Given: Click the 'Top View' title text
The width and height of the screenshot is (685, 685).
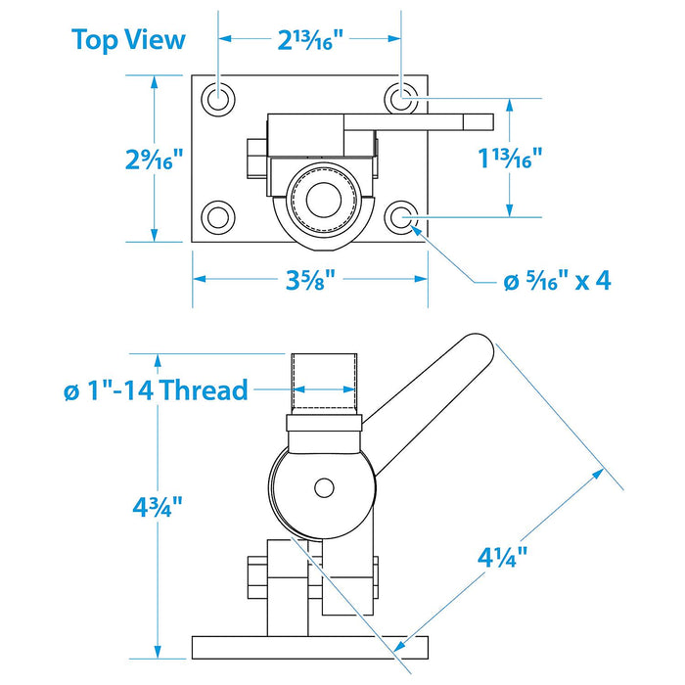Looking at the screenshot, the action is pyautogui.click(x=128, y=40).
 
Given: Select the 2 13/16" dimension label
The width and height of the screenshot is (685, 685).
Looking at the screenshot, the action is pyautogui.click(x=310, y=41).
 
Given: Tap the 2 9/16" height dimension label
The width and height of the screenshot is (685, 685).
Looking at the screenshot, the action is pyautogui.click(x=154, y=159).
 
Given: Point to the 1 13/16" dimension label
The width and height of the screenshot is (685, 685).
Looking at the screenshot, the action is pyautogui.click(x=510, y=158).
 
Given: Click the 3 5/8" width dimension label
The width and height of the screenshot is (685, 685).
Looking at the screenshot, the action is pyautogui.click(x=310, y=280).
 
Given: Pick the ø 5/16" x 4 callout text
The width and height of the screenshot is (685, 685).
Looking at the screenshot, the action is pyautogui.click(x=557, y=280).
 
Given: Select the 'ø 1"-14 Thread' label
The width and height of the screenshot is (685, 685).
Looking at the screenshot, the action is pyautogui.click(x=156, y=389).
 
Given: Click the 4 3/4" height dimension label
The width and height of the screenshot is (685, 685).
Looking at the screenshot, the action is pyautogui.click(x=158, y=507).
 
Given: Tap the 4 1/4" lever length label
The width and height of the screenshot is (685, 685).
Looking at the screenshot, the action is pyautogui.click(x=502, y=557).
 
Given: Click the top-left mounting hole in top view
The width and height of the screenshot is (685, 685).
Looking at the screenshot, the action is pyautogui.click(x=218, y=99).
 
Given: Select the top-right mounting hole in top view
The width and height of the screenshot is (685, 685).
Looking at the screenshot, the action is pyautogui.click(x=401, y=99).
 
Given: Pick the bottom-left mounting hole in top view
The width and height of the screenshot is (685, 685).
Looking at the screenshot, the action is pyautogui.click(x=218, y=217).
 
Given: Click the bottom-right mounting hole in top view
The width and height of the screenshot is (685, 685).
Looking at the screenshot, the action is pyautogui.click(x=401, y=217).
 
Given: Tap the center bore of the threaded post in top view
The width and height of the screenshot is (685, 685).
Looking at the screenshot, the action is pyautogui.click(x=324, y=200).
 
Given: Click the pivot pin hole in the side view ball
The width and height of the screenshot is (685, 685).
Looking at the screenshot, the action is pyautogui.click(x=324, y=488).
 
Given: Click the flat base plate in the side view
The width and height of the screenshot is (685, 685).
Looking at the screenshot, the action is pyautogui.click(x=310, y=648).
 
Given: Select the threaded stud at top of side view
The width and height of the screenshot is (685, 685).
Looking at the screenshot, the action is pyautogui.click(x=324, y=384).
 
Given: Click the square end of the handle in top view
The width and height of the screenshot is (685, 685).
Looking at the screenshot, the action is pyautogui.click(x=479, y=122).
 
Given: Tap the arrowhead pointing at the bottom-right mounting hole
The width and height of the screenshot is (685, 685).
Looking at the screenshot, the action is pyautogui.click(x=417, y=232).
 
